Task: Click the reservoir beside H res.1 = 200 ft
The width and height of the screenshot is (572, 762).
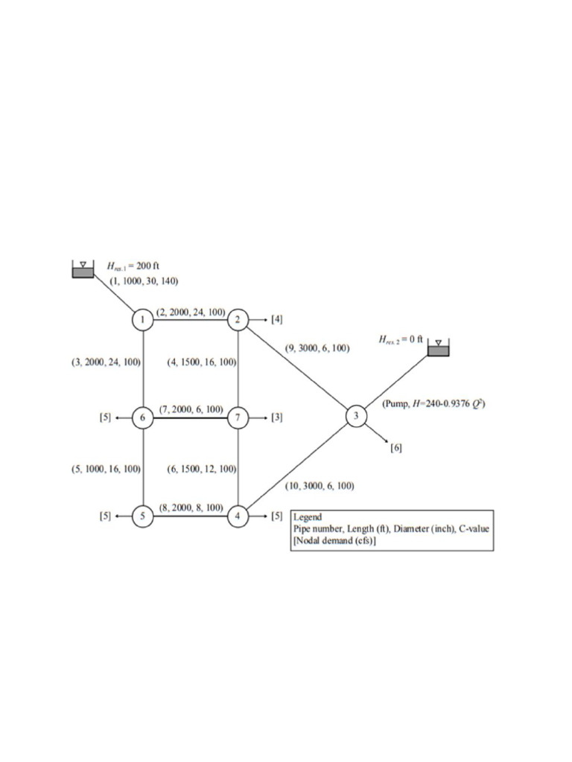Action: click(x=83, y=269)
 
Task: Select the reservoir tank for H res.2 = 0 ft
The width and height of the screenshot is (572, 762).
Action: click(x=438, y=348)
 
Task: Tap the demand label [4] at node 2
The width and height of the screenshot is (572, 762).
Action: click(x=277, y=320)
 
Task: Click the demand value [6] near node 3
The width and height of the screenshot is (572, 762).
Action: click(x=396, y=448)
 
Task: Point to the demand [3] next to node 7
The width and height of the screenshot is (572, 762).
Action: click(x=277, y=417)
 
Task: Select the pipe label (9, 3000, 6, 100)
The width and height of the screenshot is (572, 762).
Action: click(x=317, y=348)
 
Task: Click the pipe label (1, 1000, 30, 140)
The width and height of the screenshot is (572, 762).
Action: click(x=144, y=281)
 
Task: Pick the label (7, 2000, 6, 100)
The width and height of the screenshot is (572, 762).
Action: click(x=191, y=409)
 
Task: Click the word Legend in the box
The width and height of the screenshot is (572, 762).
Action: click(x=308, y=517)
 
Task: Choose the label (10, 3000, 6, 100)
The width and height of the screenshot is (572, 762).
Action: click(x=320, y=485)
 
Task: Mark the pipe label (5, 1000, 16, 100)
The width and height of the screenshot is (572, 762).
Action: click(x=106, y=469)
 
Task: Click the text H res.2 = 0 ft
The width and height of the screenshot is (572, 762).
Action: click(x=401, y=339)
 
